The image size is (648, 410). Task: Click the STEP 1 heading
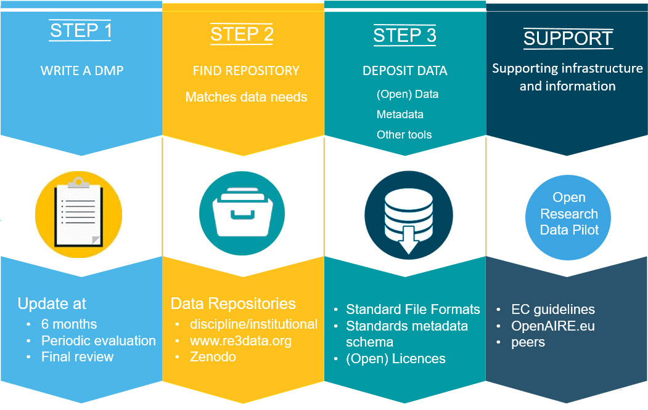coord(81,31)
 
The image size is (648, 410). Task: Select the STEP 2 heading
coord(242,34)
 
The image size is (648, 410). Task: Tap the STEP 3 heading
coord(404,36)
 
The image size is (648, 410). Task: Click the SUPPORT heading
coord(568,38)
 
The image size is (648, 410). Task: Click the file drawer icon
coord(242,212)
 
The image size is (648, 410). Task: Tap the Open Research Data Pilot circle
coord(568,214)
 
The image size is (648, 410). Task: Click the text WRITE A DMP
coord(82,71)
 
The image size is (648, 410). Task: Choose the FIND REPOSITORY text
coord(246,71)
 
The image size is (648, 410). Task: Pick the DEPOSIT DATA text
coord(405,71)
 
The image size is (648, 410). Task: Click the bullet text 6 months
coord(69,324)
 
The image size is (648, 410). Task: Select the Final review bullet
coord(77,356)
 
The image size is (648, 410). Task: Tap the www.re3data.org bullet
coord(240,340)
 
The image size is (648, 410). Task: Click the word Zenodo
coord(213,357)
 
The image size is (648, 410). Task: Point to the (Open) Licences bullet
coord(396,359)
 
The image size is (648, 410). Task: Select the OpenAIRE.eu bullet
coord(553,326)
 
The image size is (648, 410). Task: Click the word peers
coord(528,342)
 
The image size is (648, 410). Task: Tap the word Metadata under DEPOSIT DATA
coord(400,115)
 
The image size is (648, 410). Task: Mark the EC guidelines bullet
coord(553,310)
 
